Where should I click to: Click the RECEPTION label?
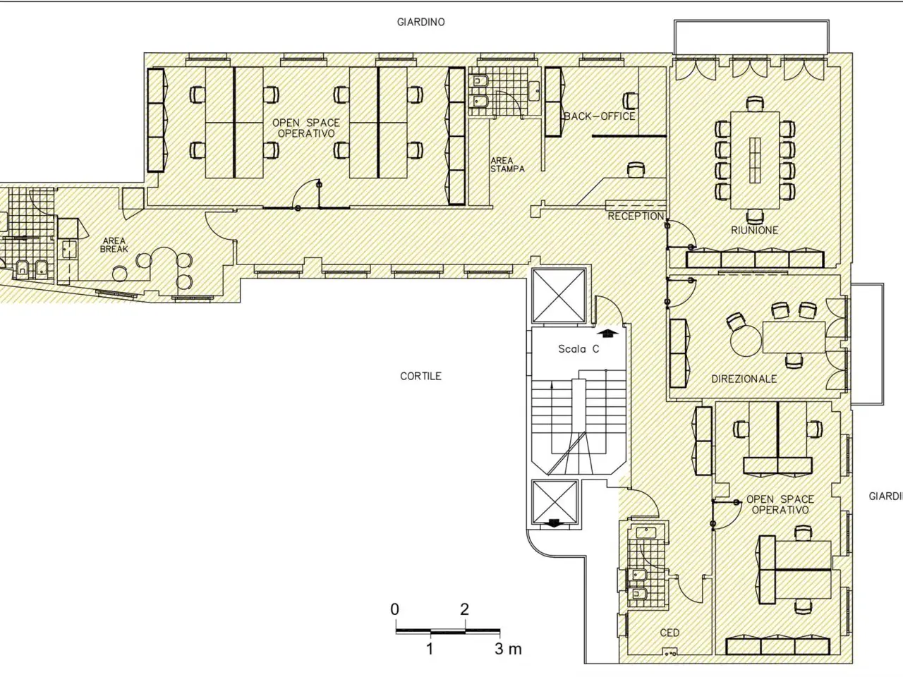tap(636, 216)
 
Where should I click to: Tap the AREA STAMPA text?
tap(507, 164)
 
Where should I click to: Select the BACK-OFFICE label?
tap(600, 116)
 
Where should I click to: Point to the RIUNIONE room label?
tap(754, 230)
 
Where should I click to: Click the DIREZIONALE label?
tap(744, 379)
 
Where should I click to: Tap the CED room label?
tap(669, 633)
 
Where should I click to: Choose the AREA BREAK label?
tap(114, 245)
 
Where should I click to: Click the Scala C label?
tap(578, 349)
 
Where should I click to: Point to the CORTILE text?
tap(421, 376)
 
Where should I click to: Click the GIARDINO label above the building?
tap(421, 22)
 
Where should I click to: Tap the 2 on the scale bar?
tap(464, 609)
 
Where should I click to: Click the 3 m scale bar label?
tap(508, 649)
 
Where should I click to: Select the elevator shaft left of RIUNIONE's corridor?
tap(559, 295)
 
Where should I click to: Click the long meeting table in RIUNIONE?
tap(755, 160)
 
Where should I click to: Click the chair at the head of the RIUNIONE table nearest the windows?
tap(755, 104)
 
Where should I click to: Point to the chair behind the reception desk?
tap(636, 169)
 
